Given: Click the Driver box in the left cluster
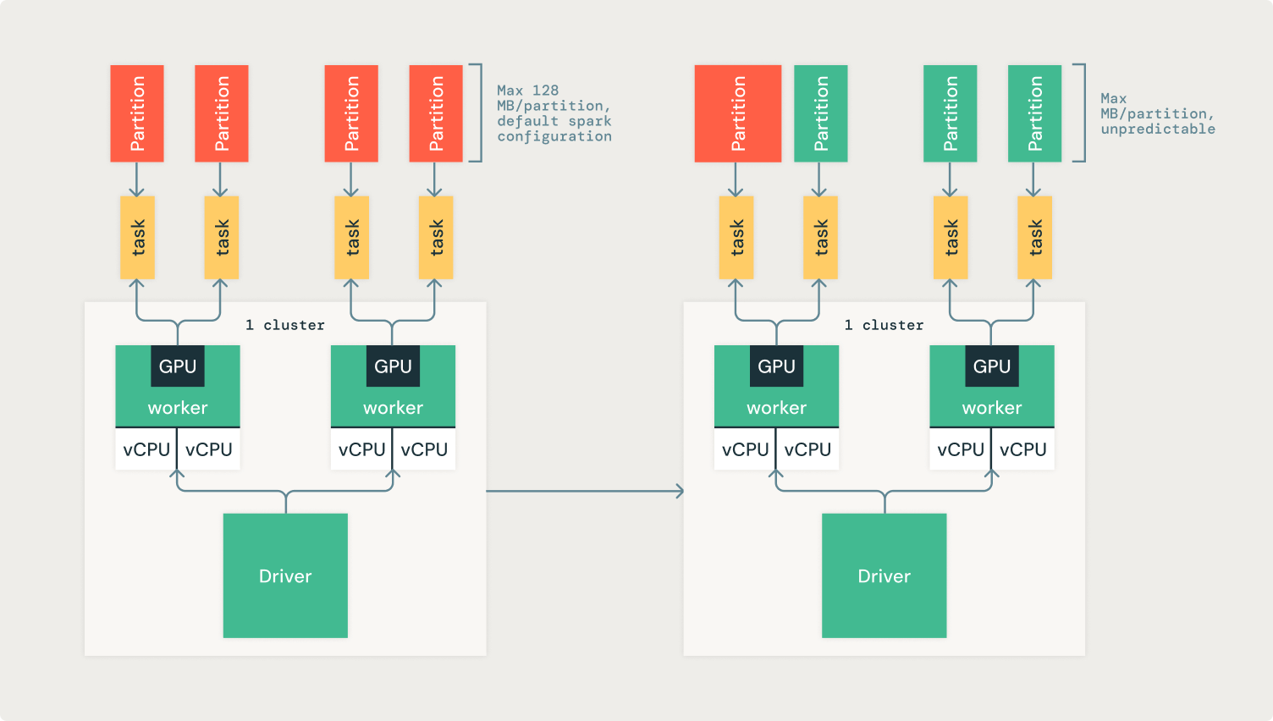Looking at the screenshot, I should [x=285, y=575].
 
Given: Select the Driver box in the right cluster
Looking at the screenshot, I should [x=884, y=575].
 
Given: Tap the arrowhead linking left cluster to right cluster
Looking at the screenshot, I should [x=679, y=491].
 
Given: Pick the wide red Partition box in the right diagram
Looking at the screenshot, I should [x=737, y=113].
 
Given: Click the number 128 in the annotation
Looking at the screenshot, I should [x=545, y=91].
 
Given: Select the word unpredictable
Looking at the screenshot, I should [x=1158, y=129].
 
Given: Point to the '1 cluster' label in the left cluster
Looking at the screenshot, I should [x=285, y=325].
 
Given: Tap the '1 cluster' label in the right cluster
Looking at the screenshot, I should [x=884, y=325].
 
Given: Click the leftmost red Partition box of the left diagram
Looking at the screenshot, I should [x=137, y=113].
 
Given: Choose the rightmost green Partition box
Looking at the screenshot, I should [x=1034, y=113].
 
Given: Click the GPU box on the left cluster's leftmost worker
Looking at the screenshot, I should [x=178, y=366].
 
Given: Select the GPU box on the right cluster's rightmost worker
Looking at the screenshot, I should [x=992, y=366].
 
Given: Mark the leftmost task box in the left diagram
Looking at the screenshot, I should [x=137, y=238].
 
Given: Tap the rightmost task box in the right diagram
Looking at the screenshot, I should [x=1034, y=238].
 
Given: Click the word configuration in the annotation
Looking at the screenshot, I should [x=554, y=136].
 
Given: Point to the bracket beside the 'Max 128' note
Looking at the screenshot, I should [x=479, y=113].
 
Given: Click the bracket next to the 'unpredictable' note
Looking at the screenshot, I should [x=1083, y=113].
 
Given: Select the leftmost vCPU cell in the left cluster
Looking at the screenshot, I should [x=146, y=449].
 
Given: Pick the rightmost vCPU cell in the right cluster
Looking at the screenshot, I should [x=1023, y=449].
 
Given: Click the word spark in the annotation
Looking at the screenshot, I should [x=590, y=121].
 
